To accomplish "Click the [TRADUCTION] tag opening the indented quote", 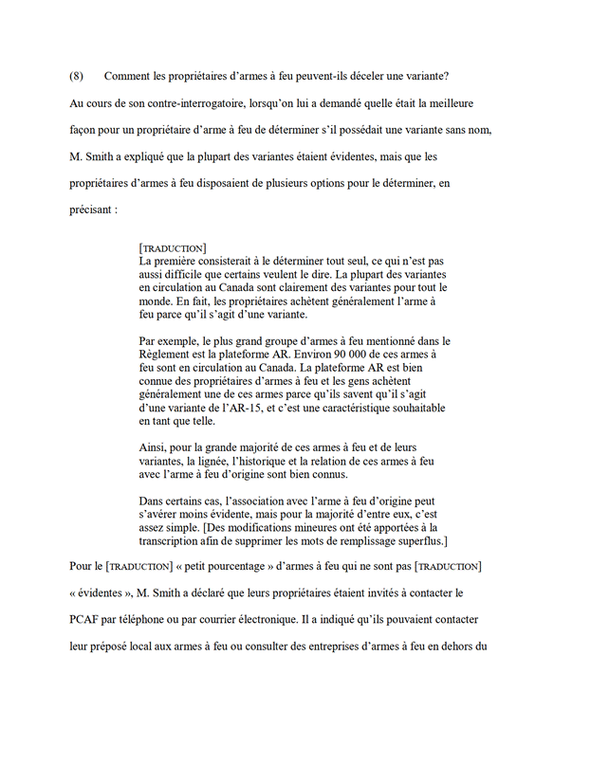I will pyautogui.click(x=173, y=248).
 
